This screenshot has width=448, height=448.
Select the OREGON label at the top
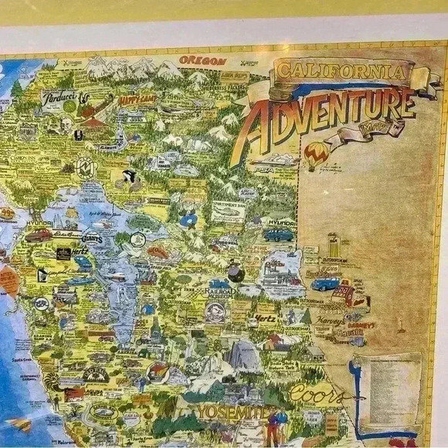(202, 60)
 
